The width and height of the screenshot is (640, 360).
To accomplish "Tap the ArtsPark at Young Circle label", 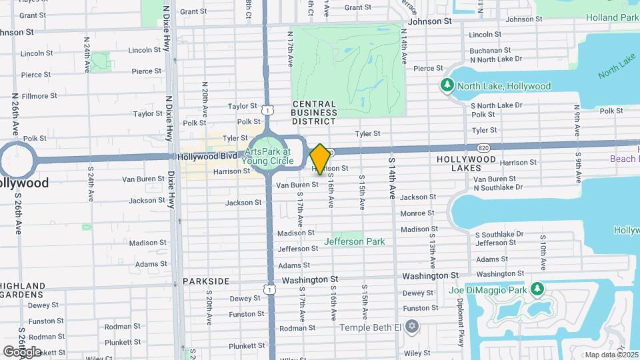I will [x=265, y=155].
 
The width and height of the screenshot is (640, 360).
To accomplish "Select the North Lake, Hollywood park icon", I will [x=447, y=86].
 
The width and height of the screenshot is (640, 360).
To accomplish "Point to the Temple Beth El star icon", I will [x=412, y=327].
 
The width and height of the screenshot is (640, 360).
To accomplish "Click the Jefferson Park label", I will [x=354, y=241].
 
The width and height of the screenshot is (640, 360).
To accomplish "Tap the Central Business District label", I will [x=313, y=113].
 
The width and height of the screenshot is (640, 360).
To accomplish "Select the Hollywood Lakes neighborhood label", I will [x=466, y=165].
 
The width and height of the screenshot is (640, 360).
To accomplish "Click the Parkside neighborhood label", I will [x=206, y=281].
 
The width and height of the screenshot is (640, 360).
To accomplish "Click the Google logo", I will [x=23, y=351].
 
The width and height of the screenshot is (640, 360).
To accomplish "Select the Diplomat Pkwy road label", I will [x=461, y=321].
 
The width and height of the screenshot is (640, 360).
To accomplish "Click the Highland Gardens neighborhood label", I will [x=23, y=291].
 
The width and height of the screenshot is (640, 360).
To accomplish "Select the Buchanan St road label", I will [x=490, y=50].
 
